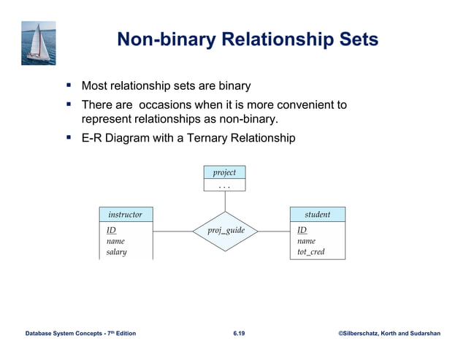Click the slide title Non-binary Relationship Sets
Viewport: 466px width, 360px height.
[x=248, y=39]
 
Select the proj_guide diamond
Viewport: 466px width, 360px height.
[x=224, y=231]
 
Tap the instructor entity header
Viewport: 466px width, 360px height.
[x=126, y=215]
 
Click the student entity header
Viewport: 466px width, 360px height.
[x=317, y=215]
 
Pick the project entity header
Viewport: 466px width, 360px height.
[x=224, y=172]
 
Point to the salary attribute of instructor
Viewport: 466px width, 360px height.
[x=116, y=252]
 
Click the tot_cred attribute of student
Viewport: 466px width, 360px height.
[x=310, y=252]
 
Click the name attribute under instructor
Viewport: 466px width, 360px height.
[x=115, y=241]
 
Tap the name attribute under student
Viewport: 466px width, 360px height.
[x=306, y=241]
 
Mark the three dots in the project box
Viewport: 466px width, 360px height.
[x=224, y=185]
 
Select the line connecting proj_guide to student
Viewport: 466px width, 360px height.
[x=274, y=231]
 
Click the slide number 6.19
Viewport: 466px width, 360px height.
[x=239, y=334]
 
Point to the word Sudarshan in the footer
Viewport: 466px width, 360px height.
[x=422, y=334]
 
